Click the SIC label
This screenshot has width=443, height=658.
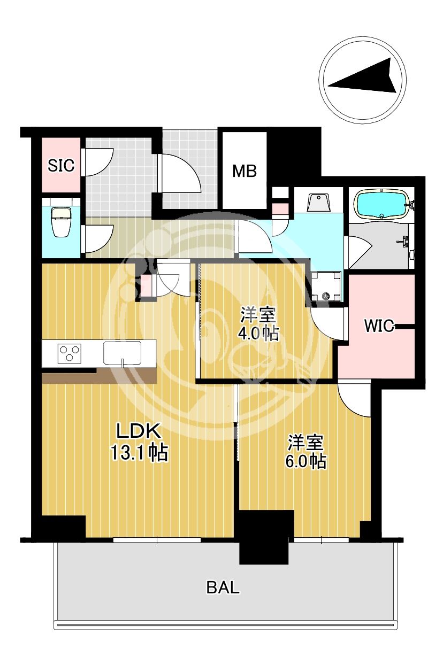click(61, 165)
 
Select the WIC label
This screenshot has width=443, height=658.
click(379, 326)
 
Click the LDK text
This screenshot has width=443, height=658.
click(139, 431)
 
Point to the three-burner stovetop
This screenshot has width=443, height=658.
click(70, 353)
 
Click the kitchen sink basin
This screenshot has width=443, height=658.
click(122, 353)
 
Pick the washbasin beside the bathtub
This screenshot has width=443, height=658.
click(318, 203)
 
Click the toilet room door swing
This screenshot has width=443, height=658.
click(97, 238)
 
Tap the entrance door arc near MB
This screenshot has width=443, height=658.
click(179, 174)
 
